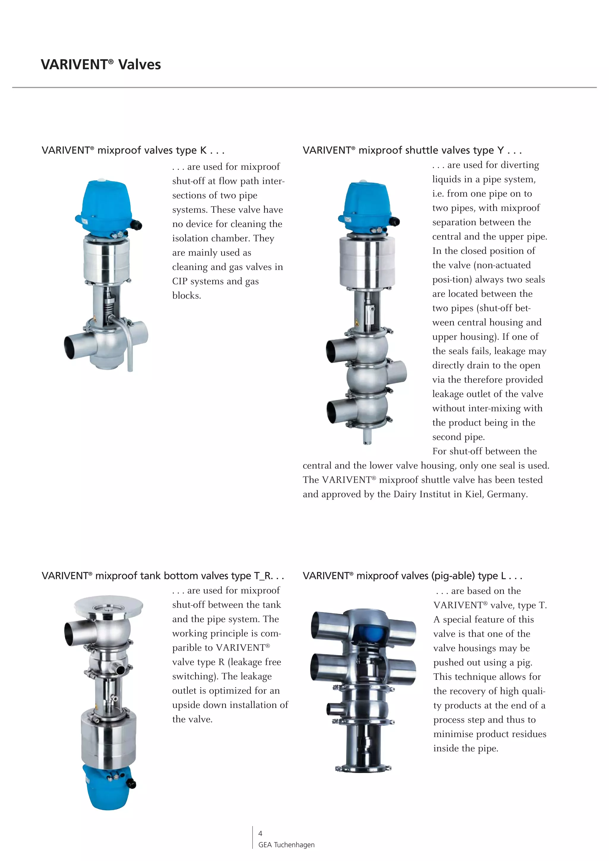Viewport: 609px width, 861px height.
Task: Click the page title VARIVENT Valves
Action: (x=101, y=64)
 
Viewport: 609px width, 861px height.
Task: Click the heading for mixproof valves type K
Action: (x=133, y=150)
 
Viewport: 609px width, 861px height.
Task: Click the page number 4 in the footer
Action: (x=260, y=833)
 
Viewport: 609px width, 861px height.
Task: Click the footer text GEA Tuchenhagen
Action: (x=286, y=845)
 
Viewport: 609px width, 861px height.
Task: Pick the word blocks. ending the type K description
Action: (x=186, y=296)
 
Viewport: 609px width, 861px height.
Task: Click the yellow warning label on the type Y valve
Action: (x=357, y=322)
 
